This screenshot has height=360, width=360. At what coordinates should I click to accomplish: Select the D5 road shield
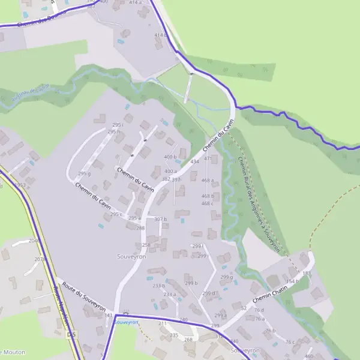click(71, 334)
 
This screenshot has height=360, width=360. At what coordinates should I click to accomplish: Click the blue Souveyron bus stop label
click(126, 322)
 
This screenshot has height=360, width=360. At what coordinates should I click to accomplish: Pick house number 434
click(194, 162)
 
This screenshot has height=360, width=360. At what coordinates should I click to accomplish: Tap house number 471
click(208, 158)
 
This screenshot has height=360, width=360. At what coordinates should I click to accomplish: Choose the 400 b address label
click(171, 157)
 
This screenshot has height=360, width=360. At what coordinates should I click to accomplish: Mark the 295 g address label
click(84, 174)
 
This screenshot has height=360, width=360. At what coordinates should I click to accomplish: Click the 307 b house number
click(160, 219)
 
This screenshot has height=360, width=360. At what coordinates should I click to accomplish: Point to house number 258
click(146, 245)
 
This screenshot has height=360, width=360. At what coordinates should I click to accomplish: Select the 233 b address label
click(158, 286)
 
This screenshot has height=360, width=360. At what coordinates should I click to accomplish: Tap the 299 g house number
click(226, 277)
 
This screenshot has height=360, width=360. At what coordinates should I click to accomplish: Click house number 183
click(307, 274)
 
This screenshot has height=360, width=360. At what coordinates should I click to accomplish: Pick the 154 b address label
click(292, 281)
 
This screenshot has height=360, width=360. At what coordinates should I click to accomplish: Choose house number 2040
click(35, 240)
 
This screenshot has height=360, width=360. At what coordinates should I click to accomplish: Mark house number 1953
click(21, 185)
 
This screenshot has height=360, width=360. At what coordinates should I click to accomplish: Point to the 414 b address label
click(160, 35)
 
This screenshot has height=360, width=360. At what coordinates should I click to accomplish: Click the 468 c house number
click(208, 203)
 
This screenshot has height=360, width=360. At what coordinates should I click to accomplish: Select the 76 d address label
click(259, 310)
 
